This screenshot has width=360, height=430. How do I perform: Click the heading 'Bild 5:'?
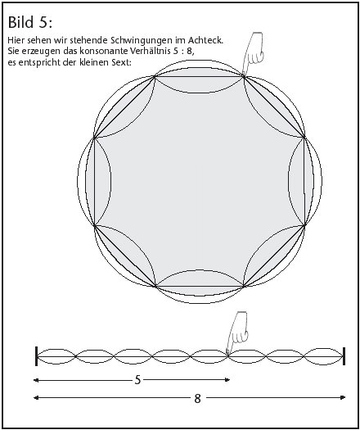click(x=29, y=22)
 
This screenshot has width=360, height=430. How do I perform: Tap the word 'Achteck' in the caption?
click(x=205, y=40)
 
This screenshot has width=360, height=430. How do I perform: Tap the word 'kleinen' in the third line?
click(x=94, y=63)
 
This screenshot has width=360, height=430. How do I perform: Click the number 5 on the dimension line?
click(x=137, y=380)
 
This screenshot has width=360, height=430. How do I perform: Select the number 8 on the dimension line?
click(x=197, y=398)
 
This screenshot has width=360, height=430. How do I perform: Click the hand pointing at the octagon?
click(x=253, y=53)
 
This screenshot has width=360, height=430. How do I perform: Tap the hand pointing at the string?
click(x=237, y=333)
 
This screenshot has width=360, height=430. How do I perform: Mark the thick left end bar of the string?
click(x=37, y=356)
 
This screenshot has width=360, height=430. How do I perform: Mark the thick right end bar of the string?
click(x=344, y=356)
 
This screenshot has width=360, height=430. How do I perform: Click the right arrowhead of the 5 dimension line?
click(x=227, y=380)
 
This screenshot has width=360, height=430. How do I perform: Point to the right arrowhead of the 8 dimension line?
click(x=343, y=397)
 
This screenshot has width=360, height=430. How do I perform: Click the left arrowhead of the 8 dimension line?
click(x=36, y=397)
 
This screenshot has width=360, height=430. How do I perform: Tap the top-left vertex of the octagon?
click(x=155, y=77)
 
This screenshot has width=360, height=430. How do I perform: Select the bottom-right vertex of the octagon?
click(x=244, y=287)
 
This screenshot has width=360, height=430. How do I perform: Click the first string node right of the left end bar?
click(x=75, y=356)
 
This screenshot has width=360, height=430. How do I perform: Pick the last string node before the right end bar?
click(x=304, y=356)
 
